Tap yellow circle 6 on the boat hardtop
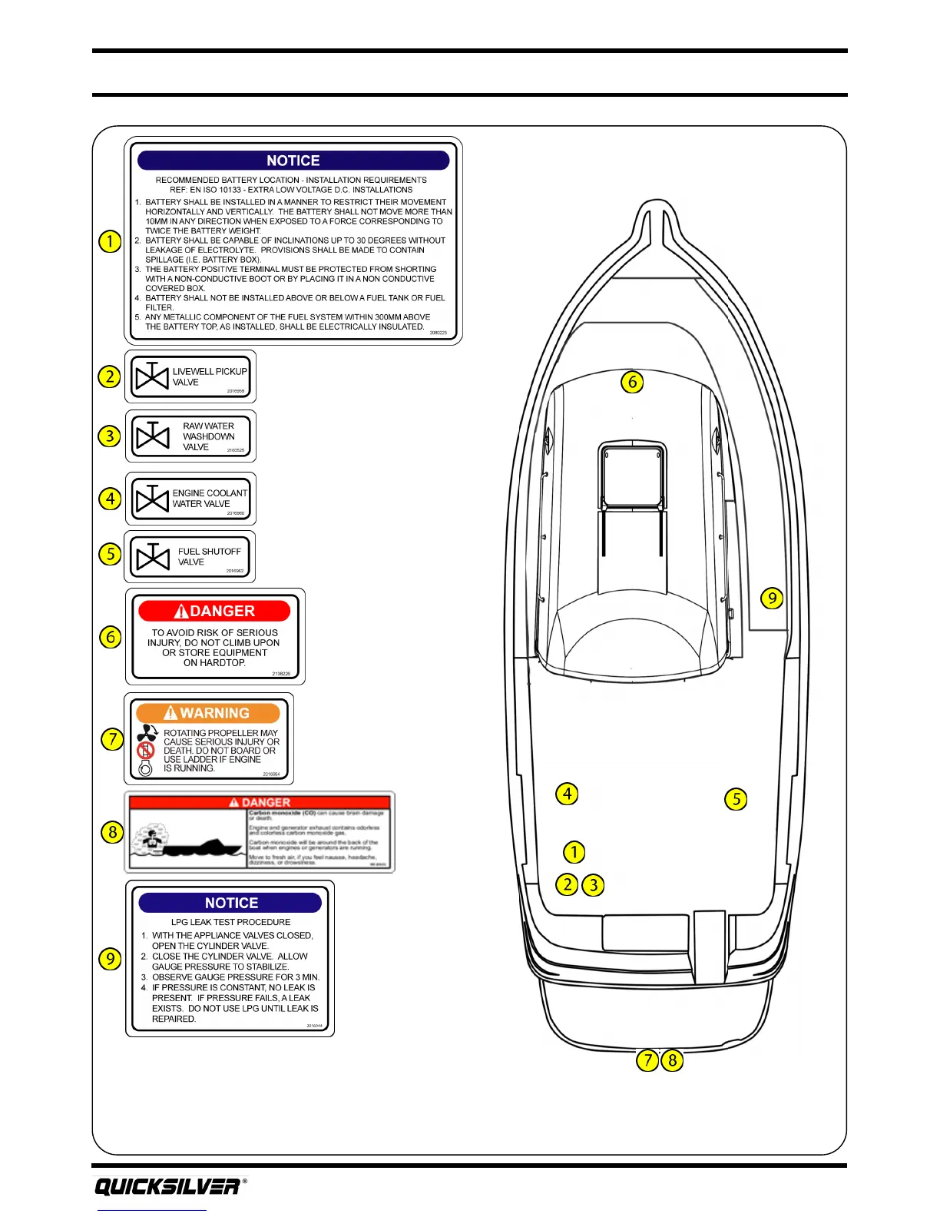[x=632, y=382]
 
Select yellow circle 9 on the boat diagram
[x=772, y=598]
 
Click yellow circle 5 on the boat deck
[x=736, y=799]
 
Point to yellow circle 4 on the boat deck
[x=567, y=794]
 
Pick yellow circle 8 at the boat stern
[x=672, y=1060]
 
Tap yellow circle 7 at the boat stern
[x=647, y=1060]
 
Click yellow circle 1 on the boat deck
[x=574, y=852]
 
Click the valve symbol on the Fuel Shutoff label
[x=152, y=557]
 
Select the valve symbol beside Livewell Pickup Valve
[x=152, y=376]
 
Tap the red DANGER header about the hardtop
[x=214, y=611]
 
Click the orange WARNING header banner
[x=208, y=713]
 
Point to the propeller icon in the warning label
[x=147, y=733]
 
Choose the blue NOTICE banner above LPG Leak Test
[x=230, y=903]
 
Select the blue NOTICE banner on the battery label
[x=293, y=161]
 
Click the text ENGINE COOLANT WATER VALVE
[x=209, y=499]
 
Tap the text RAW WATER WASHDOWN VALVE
[x=208, y=436]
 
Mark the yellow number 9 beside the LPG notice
[x=111, y=959]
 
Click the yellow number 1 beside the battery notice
[x=110, y=241]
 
